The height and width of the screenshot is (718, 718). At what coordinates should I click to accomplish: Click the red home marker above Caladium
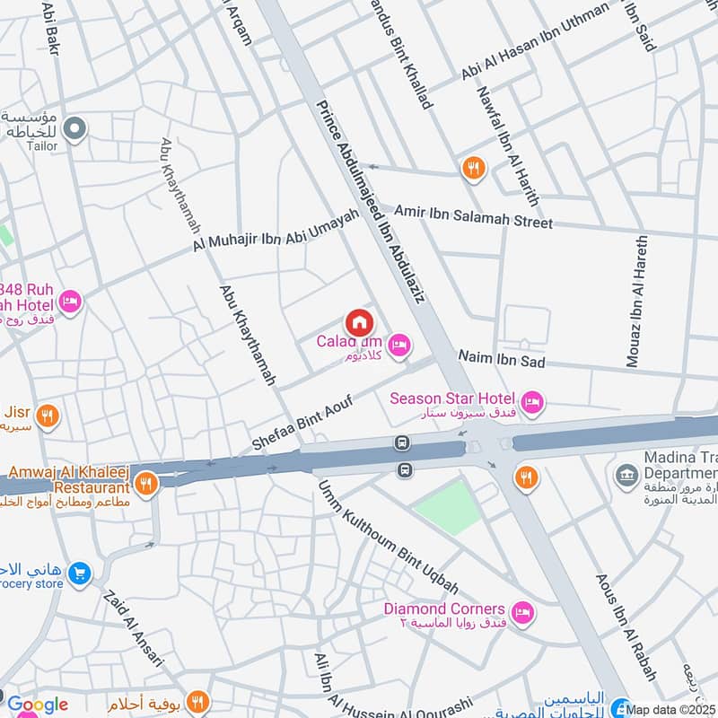click(x=359, y=321)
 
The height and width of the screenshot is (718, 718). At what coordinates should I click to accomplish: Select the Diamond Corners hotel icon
click(x=524, y=614)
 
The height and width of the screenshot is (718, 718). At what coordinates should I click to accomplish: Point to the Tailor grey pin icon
click(x=75, y=130)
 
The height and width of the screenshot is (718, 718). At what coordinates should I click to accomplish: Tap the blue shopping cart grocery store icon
click(x=80, y=571)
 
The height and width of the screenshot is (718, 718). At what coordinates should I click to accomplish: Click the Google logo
click(x=38, y=705)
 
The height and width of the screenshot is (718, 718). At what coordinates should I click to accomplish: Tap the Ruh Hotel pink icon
click(x=71, y=300)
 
